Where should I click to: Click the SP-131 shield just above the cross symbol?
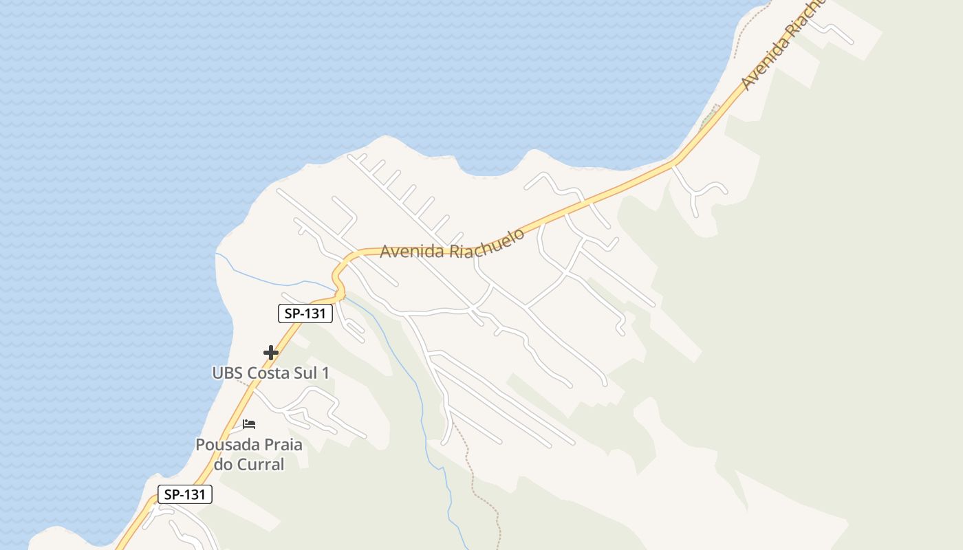pos(305,313)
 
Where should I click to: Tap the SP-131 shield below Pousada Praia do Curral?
pos(185,494)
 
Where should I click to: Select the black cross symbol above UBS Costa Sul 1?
pos(271,353)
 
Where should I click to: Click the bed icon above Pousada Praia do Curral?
pos(249,424)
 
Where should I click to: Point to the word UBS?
pos(227,373)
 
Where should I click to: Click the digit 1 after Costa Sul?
pos(325,373)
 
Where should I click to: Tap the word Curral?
pos(261,464)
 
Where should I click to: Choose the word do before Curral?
pos(224,464)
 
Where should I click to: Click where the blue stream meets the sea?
pos(217,254)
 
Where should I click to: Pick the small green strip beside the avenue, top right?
pos(709,118)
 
